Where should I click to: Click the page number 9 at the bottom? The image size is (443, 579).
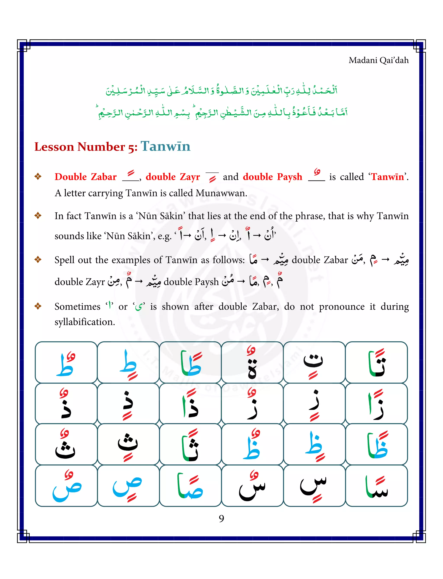pyautogui.click(x=221, y=518)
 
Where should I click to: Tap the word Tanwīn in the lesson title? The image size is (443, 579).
pyautogui.click(x=165, y=146)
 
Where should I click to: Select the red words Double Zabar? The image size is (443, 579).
pyautogui.click(x=85, y=177)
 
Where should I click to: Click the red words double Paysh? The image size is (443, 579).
pyautogui.click(x=272, y=177)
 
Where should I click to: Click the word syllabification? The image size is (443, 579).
pyautogui.click(x=85, y=322)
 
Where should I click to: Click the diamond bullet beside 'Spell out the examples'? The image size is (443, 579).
pyautogui.click(x=38, y=260)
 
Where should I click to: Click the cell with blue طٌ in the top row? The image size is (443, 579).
pyautogui.click(x=66, y=362)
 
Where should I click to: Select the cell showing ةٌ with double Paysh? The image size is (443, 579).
pyautogui.click(x=252, y=362)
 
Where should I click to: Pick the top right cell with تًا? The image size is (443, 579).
pyautogui.click(x=376, y=362)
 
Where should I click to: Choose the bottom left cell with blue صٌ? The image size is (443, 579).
pyautogui.click(x=66, y=486)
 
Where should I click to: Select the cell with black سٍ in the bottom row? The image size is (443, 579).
pyautogui.click(x=314, y=486)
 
